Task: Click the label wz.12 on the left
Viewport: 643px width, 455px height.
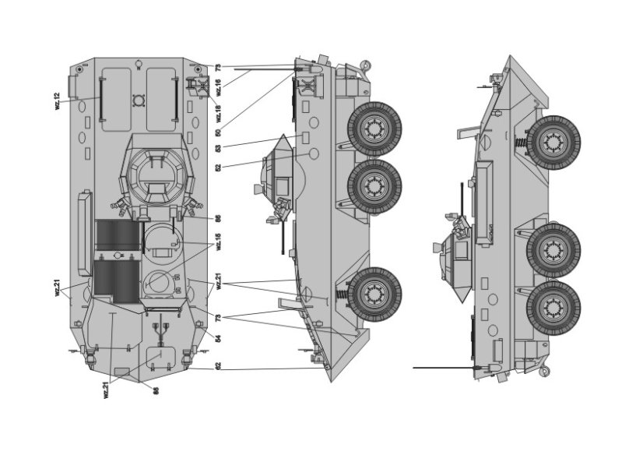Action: pos(57,102)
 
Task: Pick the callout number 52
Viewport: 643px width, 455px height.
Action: pos(219,167)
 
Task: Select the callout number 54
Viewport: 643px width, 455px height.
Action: pos(219,339)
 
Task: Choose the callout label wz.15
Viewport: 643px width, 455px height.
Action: pos(219,241)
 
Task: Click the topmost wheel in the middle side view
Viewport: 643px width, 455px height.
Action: pos(374,128)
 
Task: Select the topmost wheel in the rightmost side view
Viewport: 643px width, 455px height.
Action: pos(553,143)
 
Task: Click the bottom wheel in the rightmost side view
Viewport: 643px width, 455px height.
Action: pos(553,308)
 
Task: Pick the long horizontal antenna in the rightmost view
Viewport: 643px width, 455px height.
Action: pos(444,366)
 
